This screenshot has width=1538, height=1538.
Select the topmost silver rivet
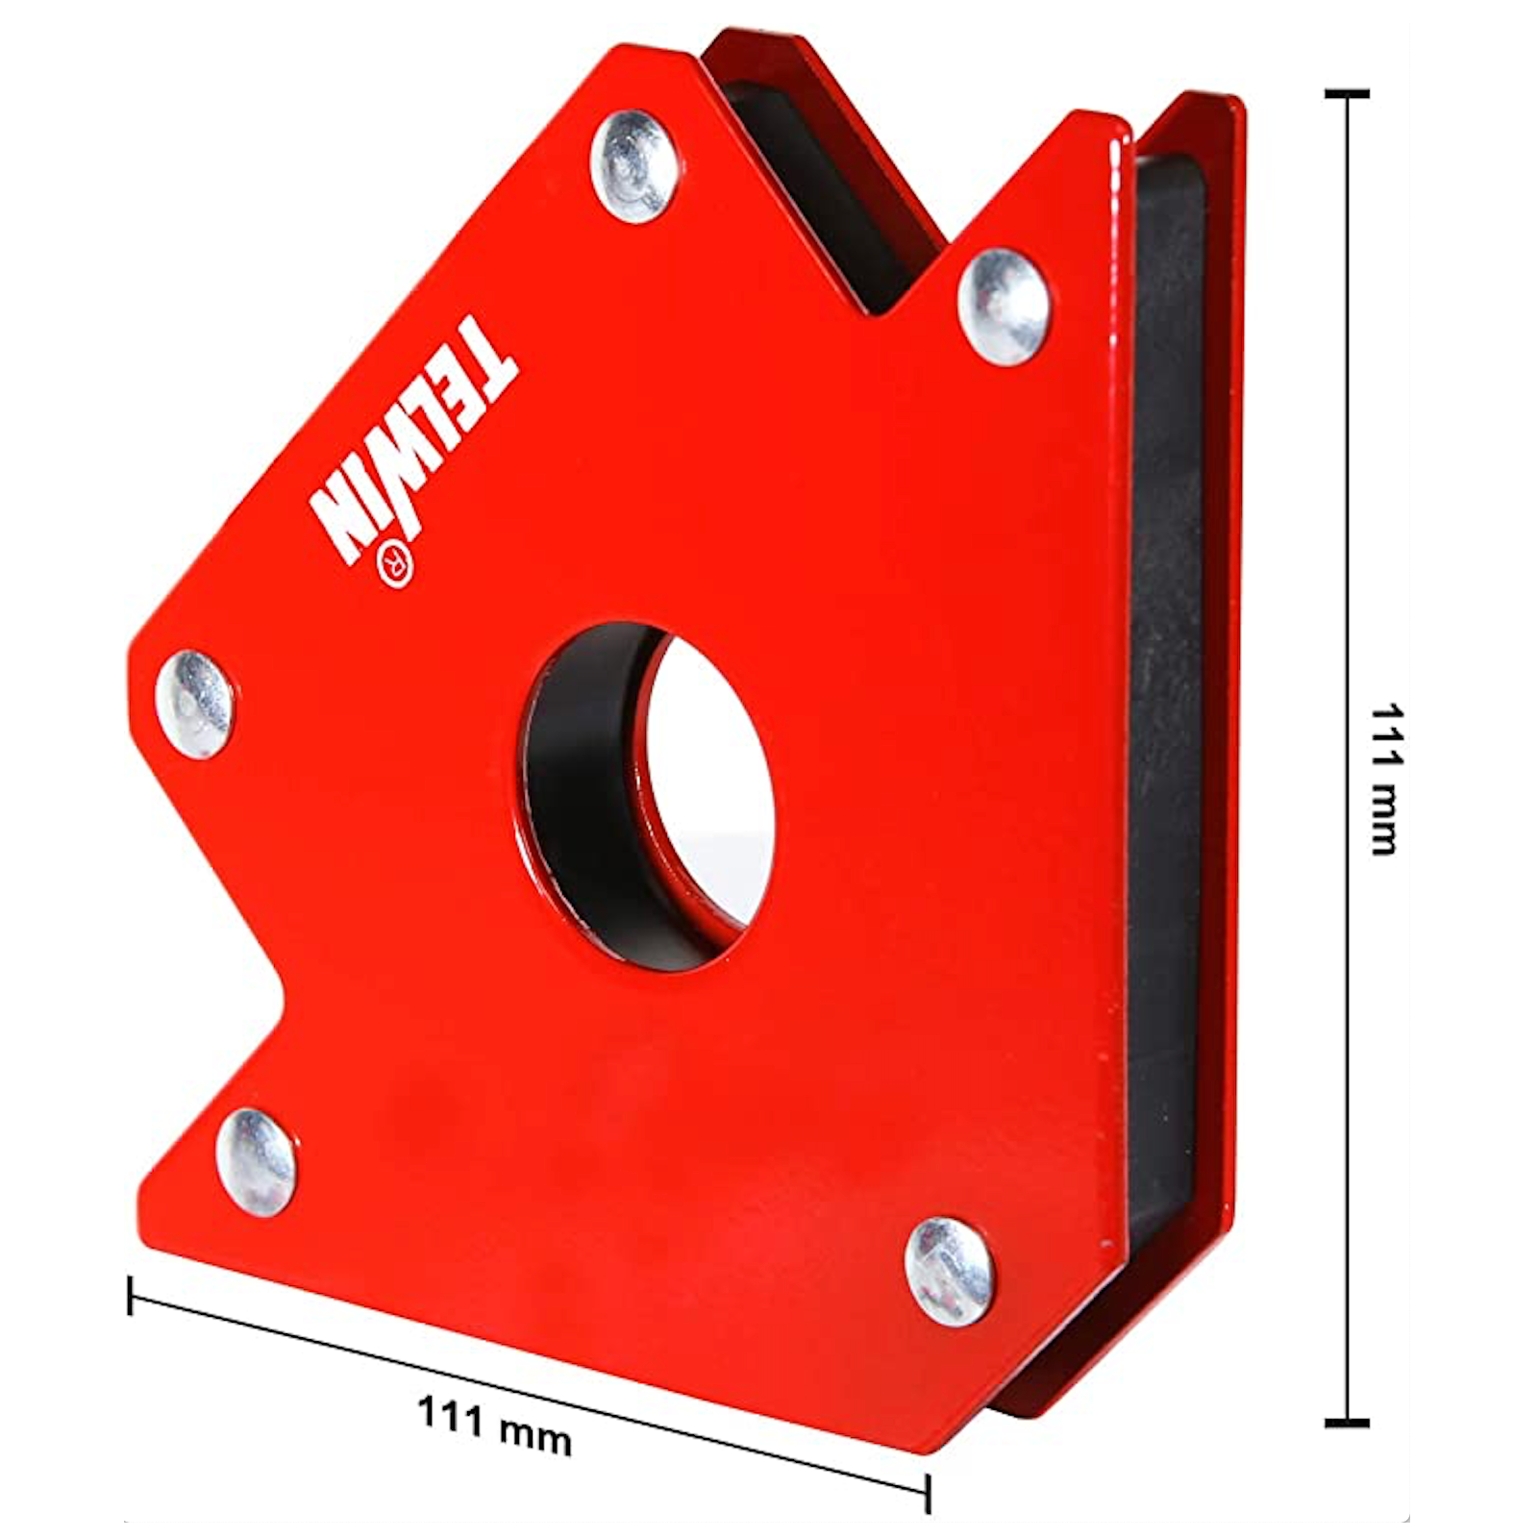(632, 166)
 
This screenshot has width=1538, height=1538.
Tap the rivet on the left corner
(195, 704)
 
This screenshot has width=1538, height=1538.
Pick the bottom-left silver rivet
(255, 1161)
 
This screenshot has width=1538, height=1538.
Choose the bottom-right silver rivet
(948, 1272)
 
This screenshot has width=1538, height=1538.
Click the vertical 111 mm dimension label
(1385, 779)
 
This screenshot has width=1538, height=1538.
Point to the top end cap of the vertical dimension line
(1346, 94)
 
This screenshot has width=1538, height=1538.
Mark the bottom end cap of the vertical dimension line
(1346, 1422)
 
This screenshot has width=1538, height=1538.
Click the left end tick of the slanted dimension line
(131, 1295)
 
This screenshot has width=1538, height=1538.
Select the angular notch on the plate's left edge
(279, 990)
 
